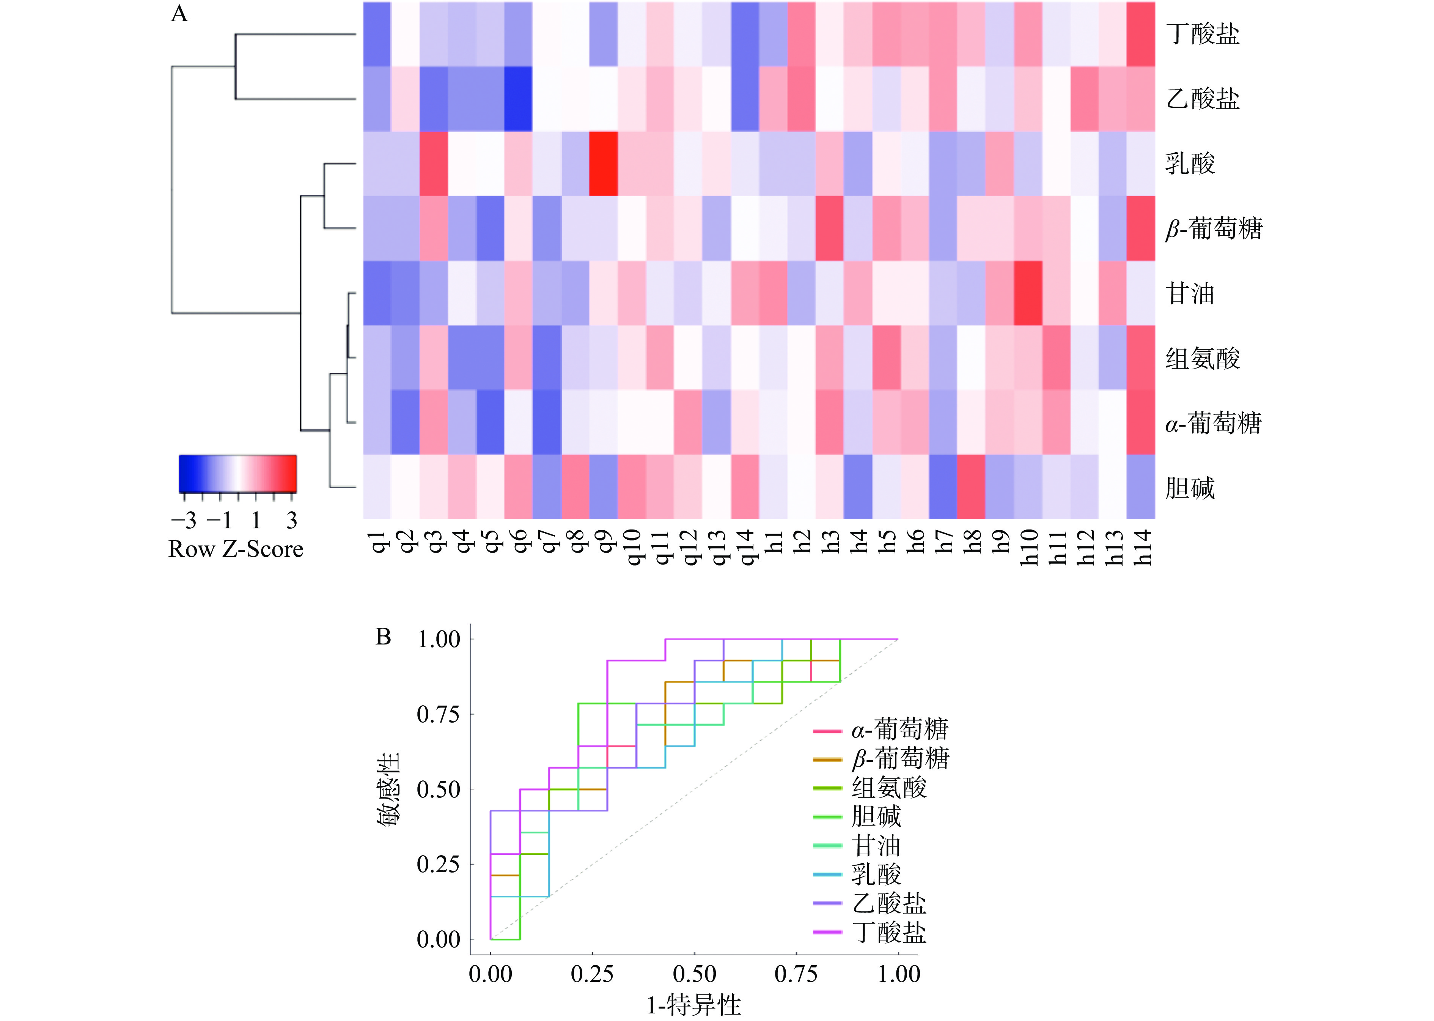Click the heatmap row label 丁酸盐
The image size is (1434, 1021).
coord(1202,34)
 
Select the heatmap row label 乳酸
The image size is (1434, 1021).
coord(1190,164)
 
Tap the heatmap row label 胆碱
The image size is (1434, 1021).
coord(1190,488)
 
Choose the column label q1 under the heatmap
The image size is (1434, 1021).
coord(377,541)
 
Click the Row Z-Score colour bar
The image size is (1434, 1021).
coord(237,473)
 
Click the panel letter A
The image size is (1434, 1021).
coord(179,14)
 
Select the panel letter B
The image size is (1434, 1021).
coord(383,637)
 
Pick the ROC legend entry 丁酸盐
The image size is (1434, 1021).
coord(888,932)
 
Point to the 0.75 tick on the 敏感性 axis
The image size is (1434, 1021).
coord(439,714)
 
